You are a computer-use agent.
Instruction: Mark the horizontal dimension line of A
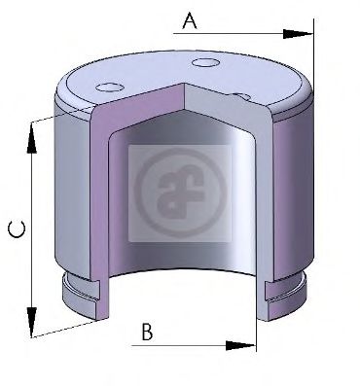234,35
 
